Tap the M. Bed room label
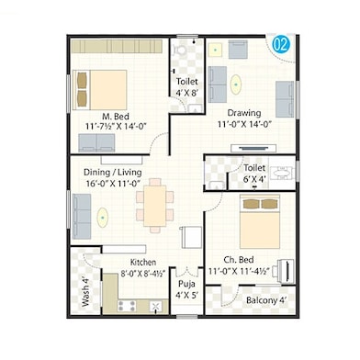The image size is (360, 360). click(x=115, y=116)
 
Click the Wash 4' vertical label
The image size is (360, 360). click(x=84, y=293)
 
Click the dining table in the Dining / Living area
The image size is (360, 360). click(x=154, y=201)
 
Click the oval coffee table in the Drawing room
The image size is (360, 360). click(x=237, y=83)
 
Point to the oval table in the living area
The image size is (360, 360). click(x=103, y=219)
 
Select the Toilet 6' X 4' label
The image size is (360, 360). click(x=254, y=174)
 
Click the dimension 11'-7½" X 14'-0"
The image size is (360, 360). click(x=115, y=128)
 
